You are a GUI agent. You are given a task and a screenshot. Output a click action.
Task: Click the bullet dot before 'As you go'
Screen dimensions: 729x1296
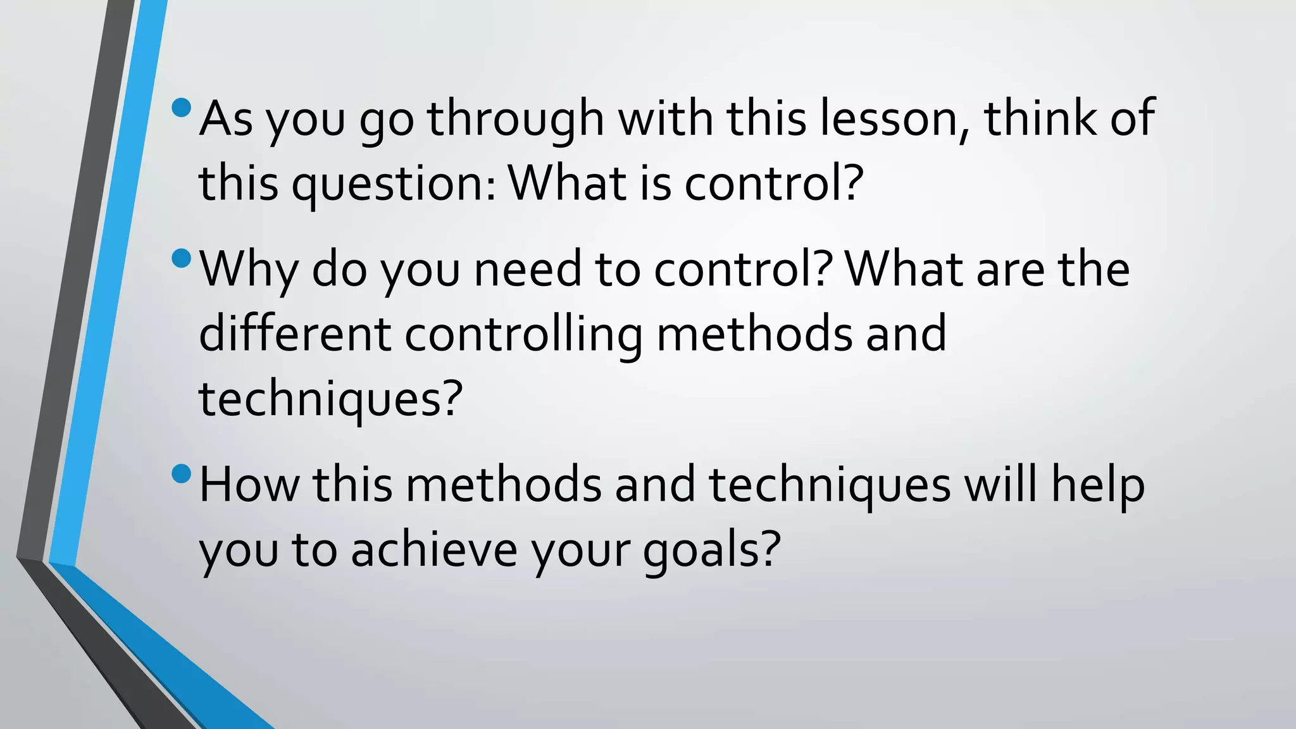pyautogui.click(x=181, y=108)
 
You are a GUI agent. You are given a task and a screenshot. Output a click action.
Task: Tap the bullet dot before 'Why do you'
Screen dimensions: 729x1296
pyautogui.click(x=181, y=258)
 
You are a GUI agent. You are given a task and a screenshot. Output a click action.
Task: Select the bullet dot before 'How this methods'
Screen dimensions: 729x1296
pyautogui.click(x=181, y=473)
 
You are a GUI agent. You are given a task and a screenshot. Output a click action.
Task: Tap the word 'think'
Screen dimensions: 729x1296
pyautogui.click(x=1040, y=118)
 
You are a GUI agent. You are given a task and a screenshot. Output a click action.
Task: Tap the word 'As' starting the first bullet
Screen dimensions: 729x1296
pyautogui.click(x=226, y=118)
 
